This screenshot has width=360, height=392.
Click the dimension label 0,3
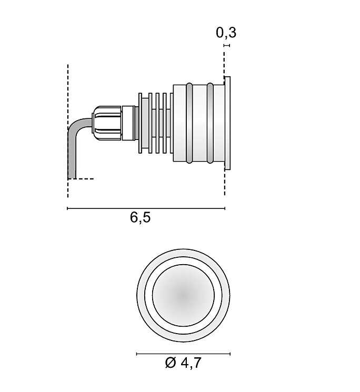coord(226,33)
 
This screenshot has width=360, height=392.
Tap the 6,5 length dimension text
coord(141,217)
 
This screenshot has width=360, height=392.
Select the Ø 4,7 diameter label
coord(183,363)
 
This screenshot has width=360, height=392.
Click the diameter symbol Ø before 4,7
coord(170,363)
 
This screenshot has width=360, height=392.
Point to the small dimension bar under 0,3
coord(226,46)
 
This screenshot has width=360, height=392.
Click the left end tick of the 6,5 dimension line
coord(68,209)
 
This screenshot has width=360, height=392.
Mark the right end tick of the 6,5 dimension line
coord(225,209)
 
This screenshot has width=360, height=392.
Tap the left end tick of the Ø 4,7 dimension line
coord(137,354)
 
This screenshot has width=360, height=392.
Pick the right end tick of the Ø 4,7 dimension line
coord(230,354)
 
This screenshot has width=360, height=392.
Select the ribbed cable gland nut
coord(107,123)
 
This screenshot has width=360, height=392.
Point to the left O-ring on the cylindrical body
coord(188,123)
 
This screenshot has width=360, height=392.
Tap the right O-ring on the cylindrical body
coord(211,123)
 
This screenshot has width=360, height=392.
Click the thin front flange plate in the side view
coord(227,123)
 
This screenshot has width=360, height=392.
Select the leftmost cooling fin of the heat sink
coord(141,123)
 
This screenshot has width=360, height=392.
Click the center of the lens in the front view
coord(183,295)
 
